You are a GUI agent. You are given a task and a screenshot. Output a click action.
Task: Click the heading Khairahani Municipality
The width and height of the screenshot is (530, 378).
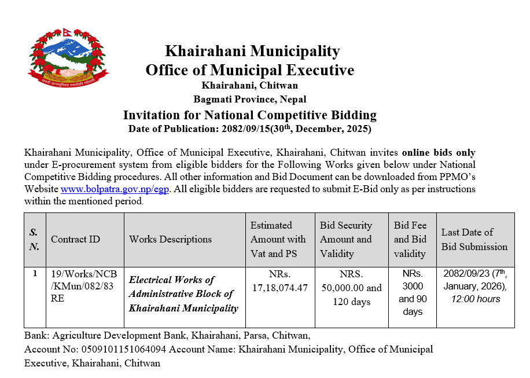click(252, 52)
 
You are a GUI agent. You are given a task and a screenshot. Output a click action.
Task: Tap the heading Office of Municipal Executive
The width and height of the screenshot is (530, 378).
click(249, 71)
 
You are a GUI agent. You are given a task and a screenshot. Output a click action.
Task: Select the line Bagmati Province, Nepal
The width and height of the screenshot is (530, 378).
click(250, 99)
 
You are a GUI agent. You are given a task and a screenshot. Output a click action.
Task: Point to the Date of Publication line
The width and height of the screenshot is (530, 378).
click(249, 129)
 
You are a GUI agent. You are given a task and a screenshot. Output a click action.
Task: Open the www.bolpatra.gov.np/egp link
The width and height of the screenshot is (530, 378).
click(115, 189)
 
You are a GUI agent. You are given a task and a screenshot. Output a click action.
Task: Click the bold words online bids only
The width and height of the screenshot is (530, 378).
click(439, 153)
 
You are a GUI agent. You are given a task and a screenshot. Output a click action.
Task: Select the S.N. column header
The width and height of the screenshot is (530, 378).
click(35, 239)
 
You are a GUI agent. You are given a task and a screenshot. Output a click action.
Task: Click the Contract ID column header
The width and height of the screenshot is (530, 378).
click(75, 239)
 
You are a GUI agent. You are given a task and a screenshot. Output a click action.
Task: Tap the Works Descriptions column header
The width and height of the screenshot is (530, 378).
click(170, 239)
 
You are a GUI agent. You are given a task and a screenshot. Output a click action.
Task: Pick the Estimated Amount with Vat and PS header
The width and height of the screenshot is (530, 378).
click(278, 239)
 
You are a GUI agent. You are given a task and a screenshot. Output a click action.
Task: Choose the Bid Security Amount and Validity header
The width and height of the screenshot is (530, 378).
click(346, 239)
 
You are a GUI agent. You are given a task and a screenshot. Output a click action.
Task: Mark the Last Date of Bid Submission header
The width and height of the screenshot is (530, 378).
click(474, 239)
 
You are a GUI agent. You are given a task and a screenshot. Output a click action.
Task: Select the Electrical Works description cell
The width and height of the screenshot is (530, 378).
click(183, 294)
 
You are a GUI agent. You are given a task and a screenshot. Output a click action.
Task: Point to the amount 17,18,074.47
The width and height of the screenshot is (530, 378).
click(280, 287)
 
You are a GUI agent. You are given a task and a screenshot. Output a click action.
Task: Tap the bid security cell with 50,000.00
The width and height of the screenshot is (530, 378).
click(351, 288)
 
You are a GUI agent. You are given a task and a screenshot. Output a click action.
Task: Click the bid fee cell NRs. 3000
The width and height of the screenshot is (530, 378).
click(412, 280)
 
